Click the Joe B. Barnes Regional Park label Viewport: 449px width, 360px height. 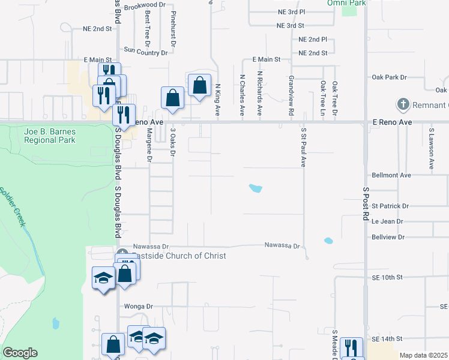click(x=50, y=136)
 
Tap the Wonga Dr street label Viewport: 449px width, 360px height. click(x=139, y=306)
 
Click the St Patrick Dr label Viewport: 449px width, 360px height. click(x=390, y=206)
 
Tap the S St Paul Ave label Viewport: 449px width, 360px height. click(x=304, y=146)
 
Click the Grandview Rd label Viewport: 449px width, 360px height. click(x=291, y=95)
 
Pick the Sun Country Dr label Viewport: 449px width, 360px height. click(x=145, y=52)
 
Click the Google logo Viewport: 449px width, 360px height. click(x=20, y=353)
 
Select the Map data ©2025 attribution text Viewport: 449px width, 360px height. click(x=423, y=355)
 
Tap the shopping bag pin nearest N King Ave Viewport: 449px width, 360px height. click(x=200, y=85)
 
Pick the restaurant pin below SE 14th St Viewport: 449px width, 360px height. click(x=351, y=348)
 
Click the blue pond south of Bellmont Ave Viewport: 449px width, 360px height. click(x=255, y=188)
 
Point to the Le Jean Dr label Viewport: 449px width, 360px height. click(x=387, y=221)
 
